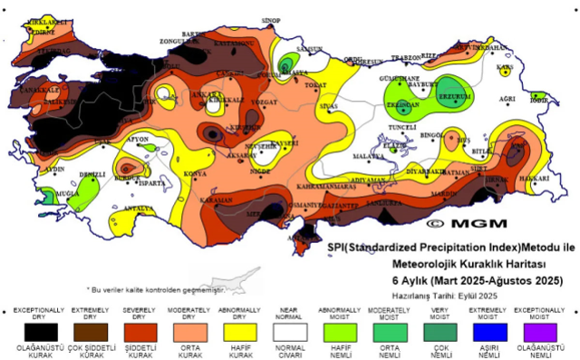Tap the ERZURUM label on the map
455,96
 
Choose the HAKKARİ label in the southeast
534,180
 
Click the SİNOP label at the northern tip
270,19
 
